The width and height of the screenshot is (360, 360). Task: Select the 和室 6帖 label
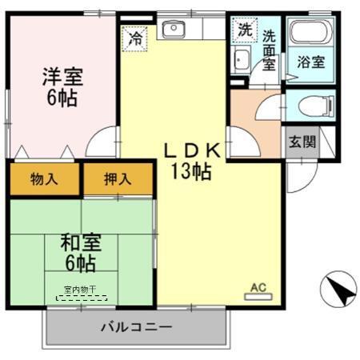tap(79, 251)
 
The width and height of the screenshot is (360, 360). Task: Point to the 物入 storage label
tap(45, 178)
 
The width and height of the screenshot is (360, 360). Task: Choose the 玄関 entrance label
tap(302, 142)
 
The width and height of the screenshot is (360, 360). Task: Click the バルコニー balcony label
tap(135, 326)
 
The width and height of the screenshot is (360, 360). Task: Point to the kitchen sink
tap(173, 30)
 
